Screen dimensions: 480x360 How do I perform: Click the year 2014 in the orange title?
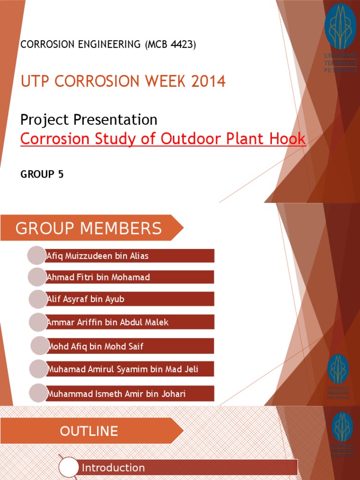coord(208,82)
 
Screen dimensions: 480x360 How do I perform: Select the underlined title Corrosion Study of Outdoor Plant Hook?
coord(163,139)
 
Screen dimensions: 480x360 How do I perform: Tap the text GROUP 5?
coord(42,174)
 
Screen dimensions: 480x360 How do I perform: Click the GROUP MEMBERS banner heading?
coord(89,228)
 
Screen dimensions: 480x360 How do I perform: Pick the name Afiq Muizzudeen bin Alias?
coord(97,256)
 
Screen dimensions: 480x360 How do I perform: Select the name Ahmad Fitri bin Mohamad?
coord(98,277)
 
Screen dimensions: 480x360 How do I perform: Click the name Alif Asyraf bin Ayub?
coord(86,299)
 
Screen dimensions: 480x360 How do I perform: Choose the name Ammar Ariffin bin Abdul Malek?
coord(108,322)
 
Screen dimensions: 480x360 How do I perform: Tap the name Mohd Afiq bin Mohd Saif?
coord(96,346)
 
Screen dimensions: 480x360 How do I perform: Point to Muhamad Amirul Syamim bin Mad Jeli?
coord(123,369)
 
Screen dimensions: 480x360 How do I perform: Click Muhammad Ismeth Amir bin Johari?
coord(116,394)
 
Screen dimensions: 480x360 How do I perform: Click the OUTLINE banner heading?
coord(89,431)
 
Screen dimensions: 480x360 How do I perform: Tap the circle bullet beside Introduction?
coord(68,468)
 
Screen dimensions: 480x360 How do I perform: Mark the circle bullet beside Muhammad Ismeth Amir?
coord(38,393)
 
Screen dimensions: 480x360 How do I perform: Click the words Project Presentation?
coord(89,120)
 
